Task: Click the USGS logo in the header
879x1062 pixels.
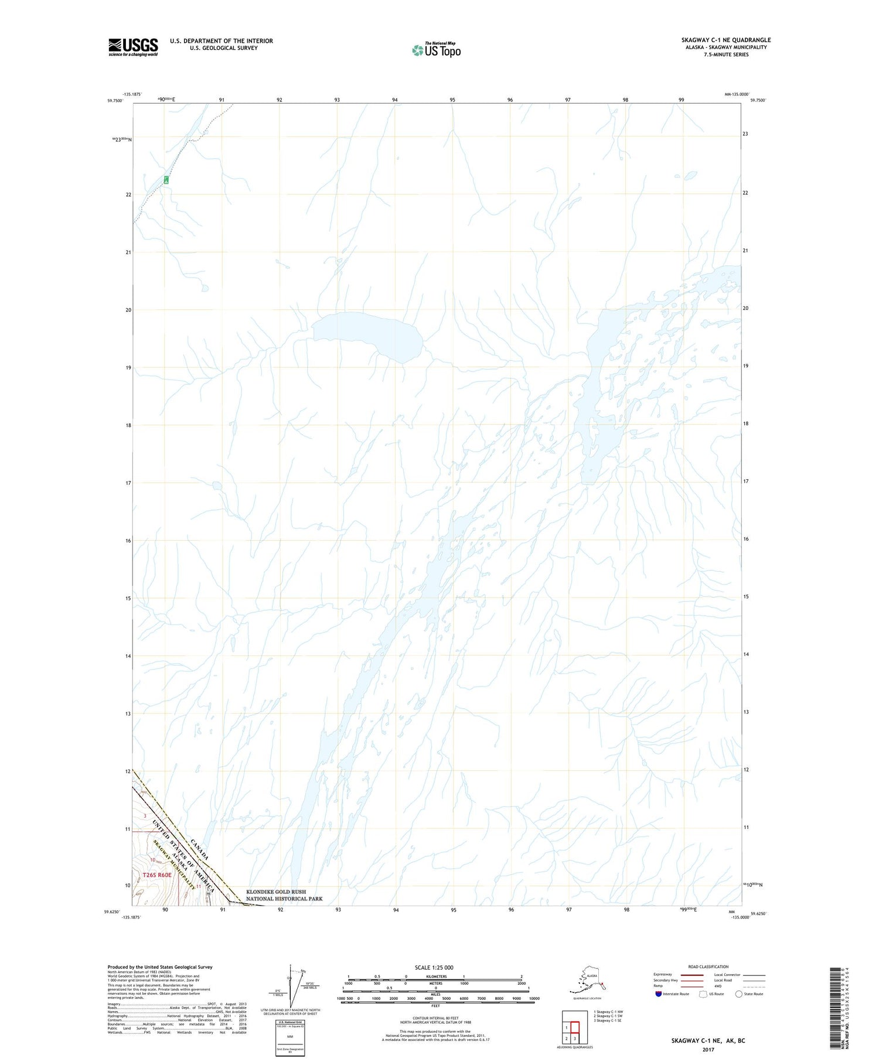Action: click(133, 47)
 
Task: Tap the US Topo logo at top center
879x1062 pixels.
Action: click(437, 50)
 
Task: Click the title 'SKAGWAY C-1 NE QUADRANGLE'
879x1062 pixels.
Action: click(725, 40)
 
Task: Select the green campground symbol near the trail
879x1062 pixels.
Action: click(166, 179)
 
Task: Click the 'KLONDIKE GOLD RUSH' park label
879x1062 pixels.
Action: click(276, 892)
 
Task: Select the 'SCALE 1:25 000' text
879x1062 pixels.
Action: click(434, 968)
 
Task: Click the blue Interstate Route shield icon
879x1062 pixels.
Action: click(658, 994)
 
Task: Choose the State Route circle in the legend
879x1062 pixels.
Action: click(739, 994)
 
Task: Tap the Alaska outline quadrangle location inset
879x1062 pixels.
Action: click(588, 982)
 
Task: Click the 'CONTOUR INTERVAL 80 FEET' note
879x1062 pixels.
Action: click(435, 1018)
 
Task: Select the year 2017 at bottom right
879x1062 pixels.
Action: click(707, 1050)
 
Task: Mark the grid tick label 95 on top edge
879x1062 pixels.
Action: click(452, 100)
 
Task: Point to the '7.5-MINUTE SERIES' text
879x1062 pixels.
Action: click(726, 54)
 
